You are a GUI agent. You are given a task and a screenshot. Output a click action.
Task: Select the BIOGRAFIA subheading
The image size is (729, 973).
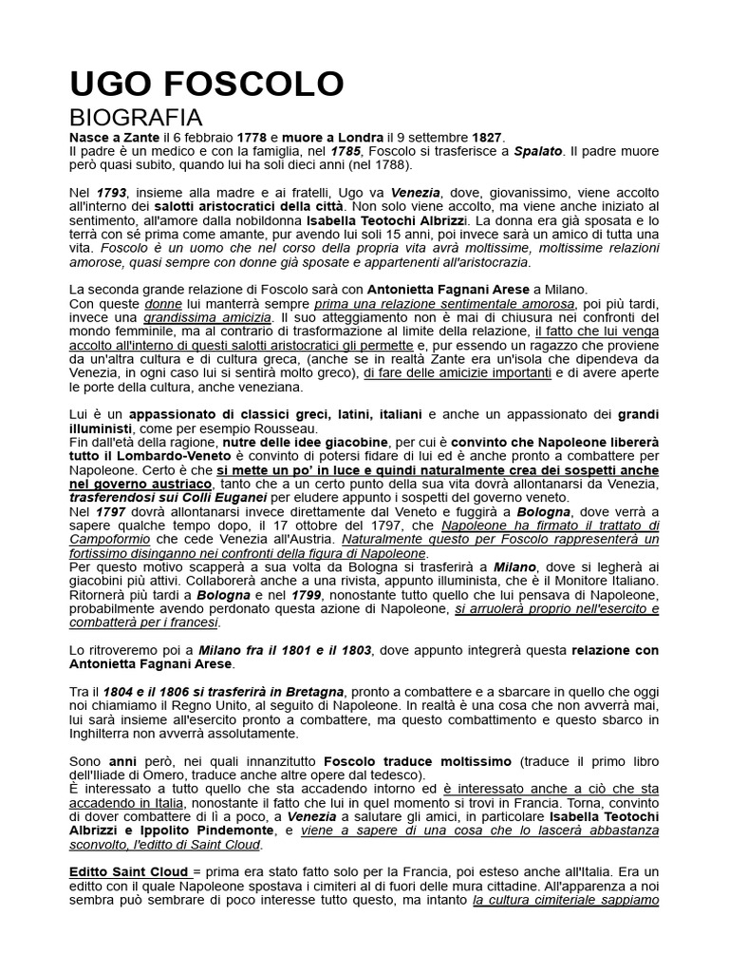point(136,118)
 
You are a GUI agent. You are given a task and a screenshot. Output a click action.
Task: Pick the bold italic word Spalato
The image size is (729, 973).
point(538,151)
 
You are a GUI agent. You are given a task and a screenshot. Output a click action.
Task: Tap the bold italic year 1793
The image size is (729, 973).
point(111,193)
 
